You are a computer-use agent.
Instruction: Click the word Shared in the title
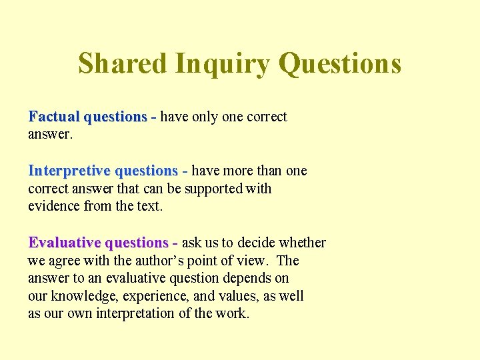pyautogui.click(x=122, y=64)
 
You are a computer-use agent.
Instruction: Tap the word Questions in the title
pyautogui.click(x=340, y=64)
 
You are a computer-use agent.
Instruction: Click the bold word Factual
pyautogui.click(x=54, y=117)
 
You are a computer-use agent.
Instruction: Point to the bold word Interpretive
pyautogui.click(x=69, y=171)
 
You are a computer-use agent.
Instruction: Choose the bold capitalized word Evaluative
pyautogui.click(x=65, y=243)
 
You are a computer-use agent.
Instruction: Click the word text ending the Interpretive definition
pyautogui.click(x=149, y=206)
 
